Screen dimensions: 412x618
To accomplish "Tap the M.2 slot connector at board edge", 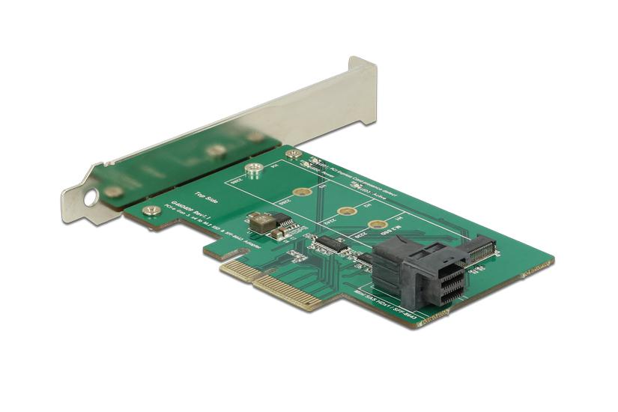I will click(x=479, y=248).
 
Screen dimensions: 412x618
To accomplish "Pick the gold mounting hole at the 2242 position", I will click(x=345, y=212).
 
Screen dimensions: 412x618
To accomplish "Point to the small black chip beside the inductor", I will click(x=283, y=219).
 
